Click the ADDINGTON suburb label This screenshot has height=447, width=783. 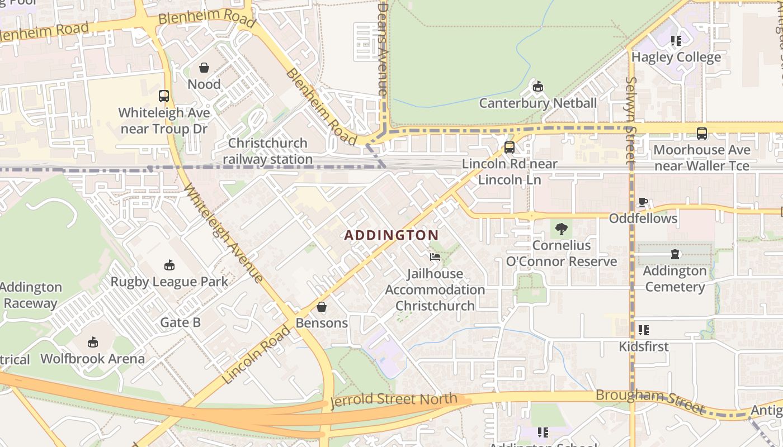391,235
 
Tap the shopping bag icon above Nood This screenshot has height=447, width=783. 204,68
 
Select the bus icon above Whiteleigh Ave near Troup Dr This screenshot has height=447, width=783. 163,96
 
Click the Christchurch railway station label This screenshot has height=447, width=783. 268,151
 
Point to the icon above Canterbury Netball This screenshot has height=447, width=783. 537,86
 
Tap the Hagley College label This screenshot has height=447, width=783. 676,57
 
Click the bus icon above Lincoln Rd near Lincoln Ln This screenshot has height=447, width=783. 509,147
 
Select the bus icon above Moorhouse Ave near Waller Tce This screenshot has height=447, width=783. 701,134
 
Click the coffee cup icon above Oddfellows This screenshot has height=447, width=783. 643,202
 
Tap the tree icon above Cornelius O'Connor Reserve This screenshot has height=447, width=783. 561,229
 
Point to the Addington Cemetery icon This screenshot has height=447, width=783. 674,254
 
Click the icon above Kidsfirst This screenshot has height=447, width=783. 643,330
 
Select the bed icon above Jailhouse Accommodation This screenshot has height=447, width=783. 435,257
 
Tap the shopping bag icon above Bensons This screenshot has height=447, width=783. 321,307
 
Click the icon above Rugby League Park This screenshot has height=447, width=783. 169,265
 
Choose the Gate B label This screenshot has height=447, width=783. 180,322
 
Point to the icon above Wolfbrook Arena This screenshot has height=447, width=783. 92,342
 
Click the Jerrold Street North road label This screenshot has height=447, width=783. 394,400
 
